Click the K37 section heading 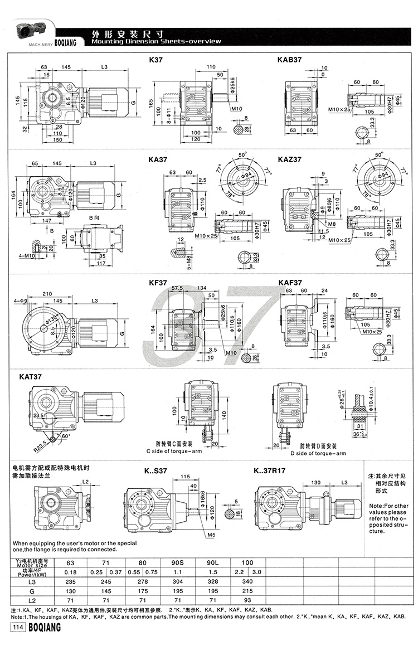pyautogui.click(x=156, y=59)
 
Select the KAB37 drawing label pyautogui.click(x=290, y=59)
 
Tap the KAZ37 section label pyautogui.click(x=290, y=159)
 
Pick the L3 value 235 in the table pyautogui.click(x=71, y=581)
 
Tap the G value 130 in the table pyautogui.click(x=71, y=591)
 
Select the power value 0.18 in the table pyautogui.click(x=71, y=572)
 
